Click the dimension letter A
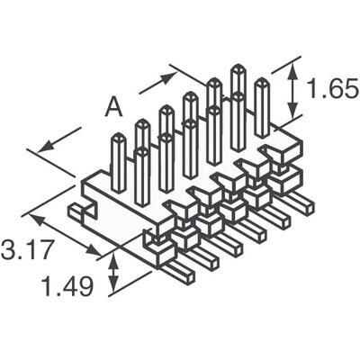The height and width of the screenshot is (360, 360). point(113,107)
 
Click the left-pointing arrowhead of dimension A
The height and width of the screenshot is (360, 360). point(45,144)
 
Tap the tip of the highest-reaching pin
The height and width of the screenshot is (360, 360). point(238,67)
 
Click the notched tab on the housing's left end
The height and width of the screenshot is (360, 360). point(81,212)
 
